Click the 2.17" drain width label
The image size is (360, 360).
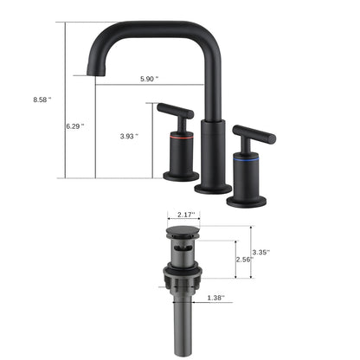click(x=185, y=213)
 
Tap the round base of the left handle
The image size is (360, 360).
click(x=180, y=177)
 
